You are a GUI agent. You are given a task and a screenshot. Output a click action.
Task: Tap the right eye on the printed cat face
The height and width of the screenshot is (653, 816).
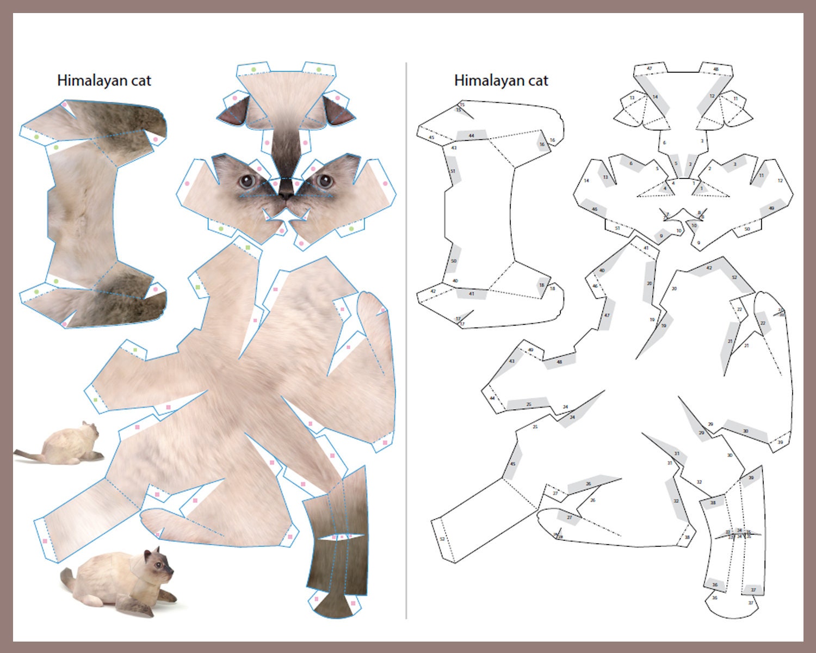[326, 180]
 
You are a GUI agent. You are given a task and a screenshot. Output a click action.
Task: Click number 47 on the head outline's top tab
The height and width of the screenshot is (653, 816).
[650, 69]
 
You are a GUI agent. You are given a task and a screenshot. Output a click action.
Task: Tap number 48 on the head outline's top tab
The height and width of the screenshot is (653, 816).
[716, 69]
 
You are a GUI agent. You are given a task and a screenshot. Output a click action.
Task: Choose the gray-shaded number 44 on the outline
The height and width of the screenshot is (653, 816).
[471, 135]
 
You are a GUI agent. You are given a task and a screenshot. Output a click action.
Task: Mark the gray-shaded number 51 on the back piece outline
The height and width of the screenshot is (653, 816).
[453, 171]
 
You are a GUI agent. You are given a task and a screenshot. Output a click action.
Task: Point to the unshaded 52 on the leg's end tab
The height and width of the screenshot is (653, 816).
[442, 539]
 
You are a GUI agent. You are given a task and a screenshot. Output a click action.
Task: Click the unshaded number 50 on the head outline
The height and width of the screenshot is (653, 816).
[747, 229]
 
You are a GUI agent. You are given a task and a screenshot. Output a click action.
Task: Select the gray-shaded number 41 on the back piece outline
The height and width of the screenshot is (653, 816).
[471, 293]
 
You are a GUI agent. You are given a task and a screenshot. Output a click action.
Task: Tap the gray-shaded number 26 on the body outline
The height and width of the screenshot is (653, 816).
[588, 484]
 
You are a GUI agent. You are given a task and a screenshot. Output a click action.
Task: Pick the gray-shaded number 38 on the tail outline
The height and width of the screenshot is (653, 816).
[713, 503]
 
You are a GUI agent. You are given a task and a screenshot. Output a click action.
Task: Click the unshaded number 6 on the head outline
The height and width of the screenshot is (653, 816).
[664, 143]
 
